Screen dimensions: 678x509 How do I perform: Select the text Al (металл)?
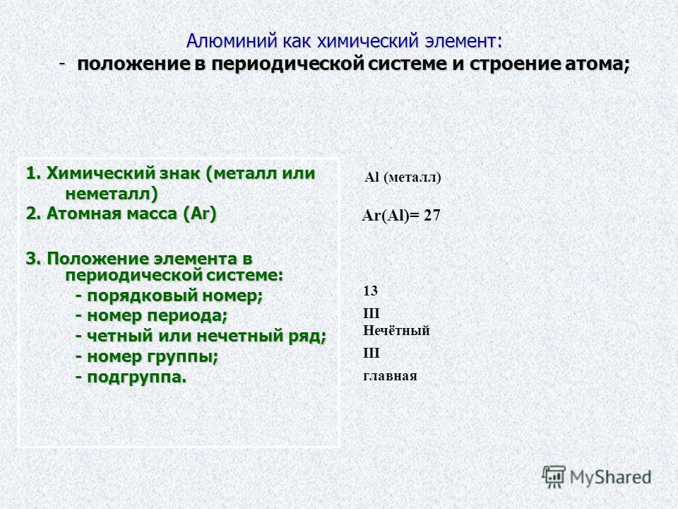(403, 177)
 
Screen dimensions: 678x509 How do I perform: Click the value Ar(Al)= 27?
(401, 215)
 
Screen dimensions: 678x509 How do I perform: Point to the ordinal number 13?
(371, 291)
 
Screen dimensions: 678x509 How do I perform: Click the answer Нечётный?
(396, 330)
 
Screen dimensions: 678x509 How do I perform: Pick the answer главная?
(390, 375)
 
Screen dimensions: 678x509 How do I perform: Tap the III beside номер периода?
(371, 313)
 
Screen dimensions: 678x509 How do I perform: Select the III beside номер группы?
(371, 353)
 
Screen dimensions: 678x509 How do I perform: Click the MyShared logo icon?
(554, 477)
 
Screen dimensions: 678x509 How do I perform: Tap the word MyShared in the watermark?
(610, 477)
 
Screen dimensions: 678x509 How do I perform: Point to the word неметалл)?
(112, 194)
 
